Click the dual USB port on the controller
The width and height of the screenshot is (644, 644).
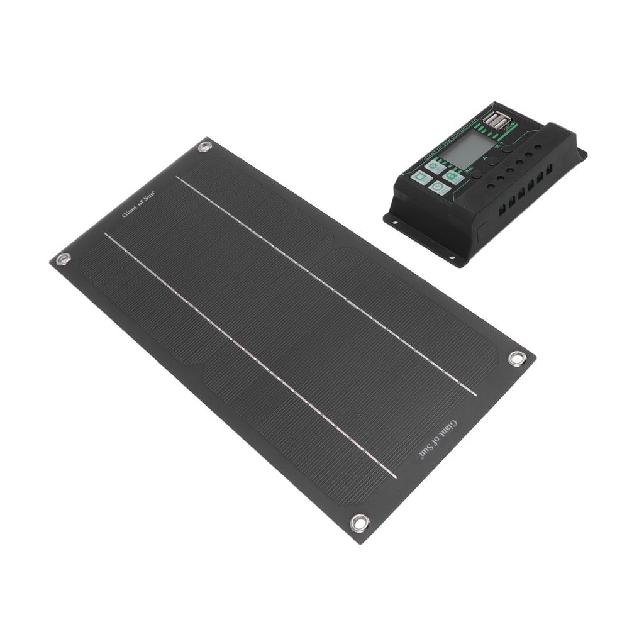(x=497, y=121)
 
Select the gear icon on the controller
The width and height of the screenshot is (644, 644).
(x=435, y=165)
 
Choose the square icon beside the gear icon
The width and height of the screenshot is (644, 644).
(x=421, y=177)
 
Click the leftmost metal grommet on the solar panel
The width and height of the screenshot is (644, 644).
(x=64, y=258)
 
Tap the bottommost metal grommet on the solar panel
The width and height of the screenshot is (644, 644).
(x=359, y=522)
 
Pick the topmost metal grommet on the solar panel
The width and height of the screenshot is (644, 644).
(x=204, y=147)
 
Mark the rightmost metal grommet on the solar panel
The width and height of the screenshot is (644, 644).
(x=517, y=358)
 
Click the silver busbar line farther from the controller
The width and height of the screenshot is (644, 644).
(x=252, y=355)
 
